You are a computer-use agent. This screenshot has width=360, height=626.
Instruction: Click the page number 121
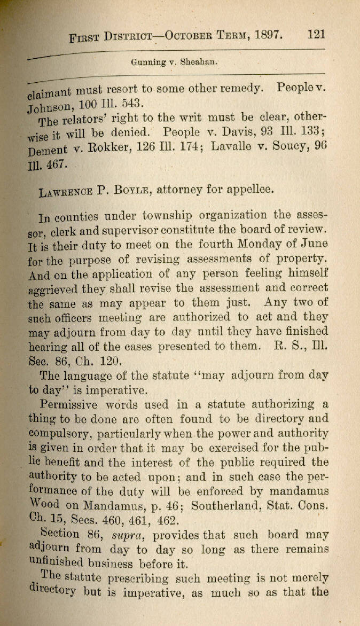click(317, 35)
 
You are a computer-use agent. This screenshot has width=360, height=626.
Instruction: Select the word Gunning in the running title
click(147, 61)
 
